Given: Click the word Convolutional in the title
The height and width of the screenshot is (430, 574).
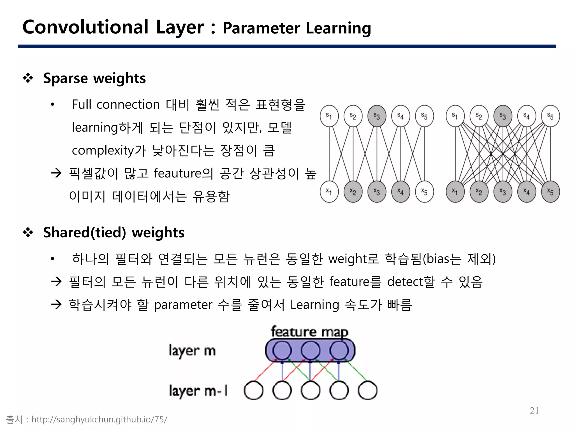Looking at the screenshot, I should (85, 27).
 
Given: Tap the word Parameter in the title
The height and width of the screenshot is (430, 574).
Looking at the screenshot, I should (261, 28).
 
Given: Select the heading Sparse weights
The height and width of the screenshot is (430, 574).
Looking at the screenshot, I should (94, 78).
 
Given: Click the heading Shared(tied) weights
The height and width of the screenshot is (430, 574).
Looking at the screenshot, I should (114, 233).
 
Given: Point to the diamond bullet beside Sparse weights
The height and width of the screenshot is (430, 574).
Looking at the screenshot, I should (28, 78).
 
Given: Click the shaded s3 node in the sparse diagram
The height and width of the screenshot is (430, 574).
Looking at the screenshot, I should (377, 116).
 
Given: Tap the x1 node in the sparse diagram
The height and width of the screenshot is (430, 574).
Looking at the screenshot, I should (329, 192).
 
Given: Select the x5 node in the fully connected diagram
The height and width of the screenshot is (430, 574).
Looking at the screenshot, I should (550, 192).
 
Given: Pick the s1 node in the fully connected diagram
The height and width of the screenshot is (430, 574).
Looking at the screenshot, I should (455, 116).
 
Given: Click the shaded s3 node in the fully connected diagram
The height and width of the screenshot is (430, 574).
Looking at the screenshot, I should (503, 116).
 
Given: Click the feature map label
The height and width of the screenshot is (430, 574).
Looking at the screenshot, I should (309, 332).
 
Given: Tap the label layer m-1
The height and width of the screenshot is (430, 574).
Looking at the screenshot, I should (198, 391).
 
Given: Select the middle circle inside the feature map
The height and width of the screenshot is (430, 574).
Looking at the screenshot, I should (310, 350).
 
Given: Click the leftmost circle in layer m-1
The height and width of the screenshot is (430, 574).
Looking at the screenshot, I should (253, 391).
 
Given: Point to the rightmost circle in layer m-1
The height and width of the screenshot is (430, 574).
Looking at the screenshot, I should (367, 391).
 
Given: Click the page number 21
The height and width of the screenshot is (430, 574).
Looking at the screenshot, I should (534, 410).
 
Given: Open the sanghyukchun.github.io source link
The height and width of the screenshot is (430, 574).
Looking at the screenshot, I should (99, 419).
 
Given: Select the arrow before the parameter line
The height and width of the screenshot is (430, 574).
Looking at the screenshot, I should (56, 304).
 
